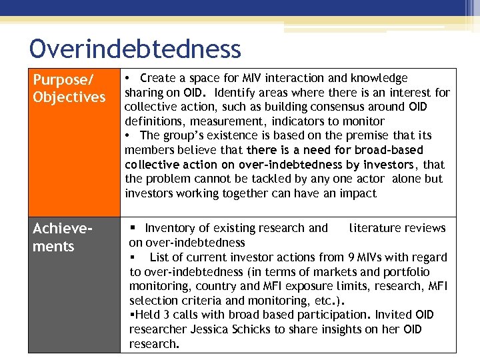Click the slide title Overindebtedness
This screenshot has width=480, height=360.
pos(135,49)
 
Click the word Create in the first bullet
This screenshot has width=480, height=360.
pos(157,79)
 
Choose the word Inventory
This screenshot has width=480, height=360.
pos(171,228)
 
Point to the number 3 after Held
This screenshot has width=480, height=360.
pos(163,315)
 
